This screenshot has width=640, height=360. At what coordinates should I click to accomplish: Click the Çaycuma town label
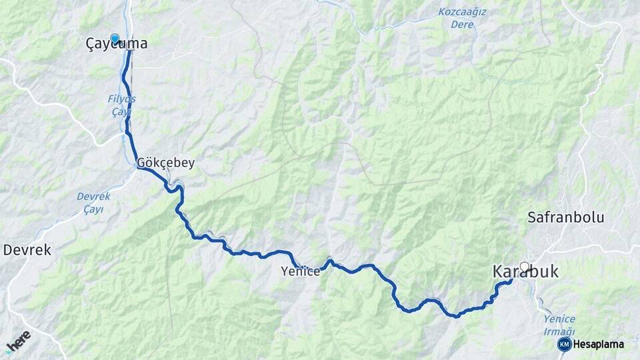tap(117, 44)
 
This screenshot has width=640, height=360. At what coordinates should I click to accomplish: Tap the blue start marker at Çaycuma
tap(115, 39)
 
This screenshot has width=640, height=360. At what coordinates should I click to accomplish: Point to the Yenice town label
tap(301, 271)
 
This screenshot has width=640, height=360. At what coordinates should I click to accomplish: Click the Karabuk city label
tap(525, 272)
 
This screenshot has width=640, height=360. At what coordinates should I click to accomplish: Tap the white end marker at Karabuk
tap(525, 267)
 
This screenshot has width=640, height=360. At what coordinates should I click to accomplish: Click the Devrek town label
tap(27, 250)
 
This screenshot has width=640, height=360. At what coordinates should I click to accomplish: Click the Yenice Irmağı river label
tap(559, 325)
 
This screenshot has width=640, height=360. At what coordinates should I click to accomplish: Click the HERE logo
tap(18, 341)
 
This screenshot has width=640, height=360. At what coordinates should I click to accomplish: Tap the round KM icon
tap(564, 344)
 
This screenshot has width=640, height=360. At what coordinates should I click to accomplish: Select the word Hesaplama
tap(599, 344)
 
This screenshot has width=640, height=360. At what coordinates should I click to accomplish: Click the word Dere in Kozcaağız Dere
tap(462, 25)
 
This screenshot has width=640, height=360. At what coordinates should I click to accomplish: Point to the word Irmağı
tap(559, 332)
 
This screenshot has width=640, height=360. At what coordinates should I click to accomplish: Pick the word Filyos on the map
tap(121, 99)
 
